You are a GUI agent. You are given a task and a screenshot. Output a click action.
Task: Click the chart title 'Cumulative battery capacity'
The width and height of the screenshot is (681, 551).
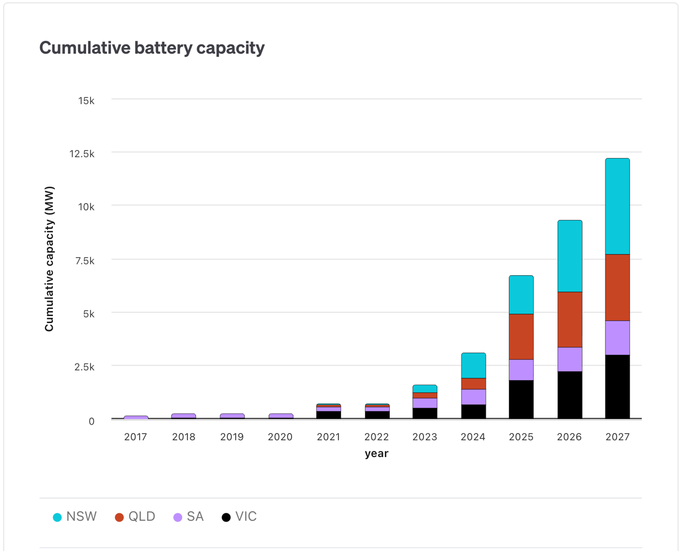coord(152,48)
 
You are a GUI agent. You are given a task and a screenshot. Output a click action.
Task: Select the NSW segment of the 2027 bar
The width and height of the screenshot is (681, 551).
coord(617,206)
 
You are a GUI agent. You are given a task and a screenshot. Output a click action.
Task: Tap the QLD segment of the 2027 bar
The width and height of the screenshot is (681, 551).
coord(617,287)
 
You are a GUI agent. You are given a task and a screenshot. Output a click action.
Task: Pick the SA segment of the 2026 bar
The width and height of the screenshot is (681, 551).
coord(570,359)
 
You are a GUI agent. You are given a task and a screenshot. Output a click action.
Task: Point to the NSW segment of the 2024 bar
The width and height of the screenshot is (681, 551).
coord(473,365)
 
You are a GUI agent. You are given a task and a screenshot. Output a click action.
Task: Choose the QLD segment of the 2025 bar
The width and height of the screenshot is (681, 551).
coord(521,336)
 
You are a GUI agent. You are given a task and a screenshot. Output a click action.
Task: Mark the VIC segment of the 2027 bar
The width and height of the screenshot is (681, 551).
coord(617,386)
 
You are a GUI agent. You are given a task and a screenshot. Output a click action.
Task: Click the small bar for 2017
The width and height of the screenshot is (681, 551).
coord(136,417)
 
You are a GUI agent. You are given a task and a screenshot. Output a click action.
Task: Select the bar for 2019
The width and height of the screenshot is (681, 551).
coord(232,416)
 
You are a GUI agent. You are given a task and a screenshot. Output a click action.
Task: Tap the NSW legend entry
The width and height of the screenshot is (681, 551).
coord(75,517)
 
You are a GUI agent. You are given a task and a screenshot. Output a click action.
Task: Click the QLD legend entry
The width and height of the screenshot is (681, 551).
coord(135,517)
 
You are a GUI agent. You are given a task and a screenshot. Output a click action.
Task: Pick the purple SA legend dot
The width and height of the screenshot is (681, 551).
coord(178,517)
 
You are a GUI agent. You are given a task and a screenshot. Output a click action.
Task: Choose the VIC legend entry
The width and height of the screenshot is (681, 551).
coord(239,517)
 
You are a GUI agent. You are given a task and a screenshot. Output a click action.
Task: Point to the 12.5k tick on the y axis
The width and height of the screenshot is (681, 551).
coord(82,154)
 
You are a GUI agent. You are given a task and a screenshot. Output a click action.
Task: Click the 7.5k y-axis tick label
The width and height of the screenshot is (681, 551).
coord(85,261)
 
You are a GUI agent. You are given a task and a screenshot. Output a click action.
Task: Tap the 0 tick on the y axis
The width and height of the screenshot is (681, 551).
coord(91,421)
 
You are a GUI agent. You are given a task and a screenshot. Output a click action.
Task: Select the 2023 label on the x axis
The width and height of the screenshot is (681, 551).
coord(425,437)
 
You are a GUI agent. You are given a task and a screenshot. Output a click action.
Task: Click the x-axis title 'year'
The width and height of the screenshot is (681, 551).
coord(376,453)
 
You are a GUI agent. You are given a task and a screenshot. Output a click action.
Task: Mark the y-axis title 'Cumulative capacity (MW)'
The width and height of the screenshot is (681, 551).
coord(49,258)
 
